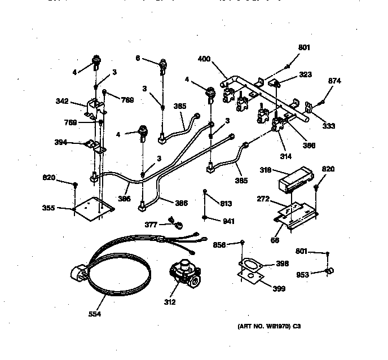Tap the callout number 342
coord(62,102)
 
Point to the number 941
coord(228,221)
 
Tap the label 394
coord(60,143)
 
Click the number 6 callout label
coord(137,58)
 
